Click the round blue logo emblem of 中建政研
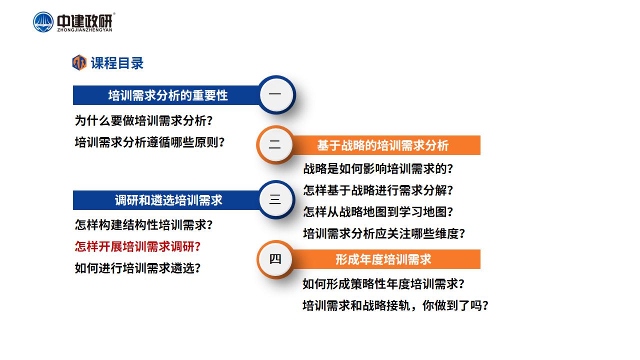click(43, 22)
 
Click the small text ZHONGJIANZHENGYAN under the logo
click(84, 30)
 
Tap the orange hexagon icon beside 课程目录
click(79, 62)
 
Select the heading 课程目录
click(117, 63)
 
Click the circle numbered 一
click(276, 94)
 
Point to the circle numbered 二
click(275, 145)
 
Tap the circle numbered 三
click(276, 199)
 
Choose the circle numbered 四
click(275, 259)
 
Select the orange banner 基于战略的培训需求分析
click(383, 145)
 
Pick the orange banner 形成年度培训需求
click(383, 259)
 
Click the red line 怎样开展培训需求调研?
click(137, 246)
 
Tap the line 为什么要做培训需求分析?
click(143, 120)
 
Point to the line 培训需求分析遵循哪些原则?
click(149, 142)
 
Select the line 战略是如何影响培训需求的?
click(378, 168)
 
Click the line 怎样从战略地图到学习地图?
click(378, 211)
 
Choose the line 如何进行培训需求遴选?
click(137, 268)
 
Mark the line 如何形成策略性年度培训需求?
click(383, 283)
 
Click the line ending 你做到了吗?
click(395, 305)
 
